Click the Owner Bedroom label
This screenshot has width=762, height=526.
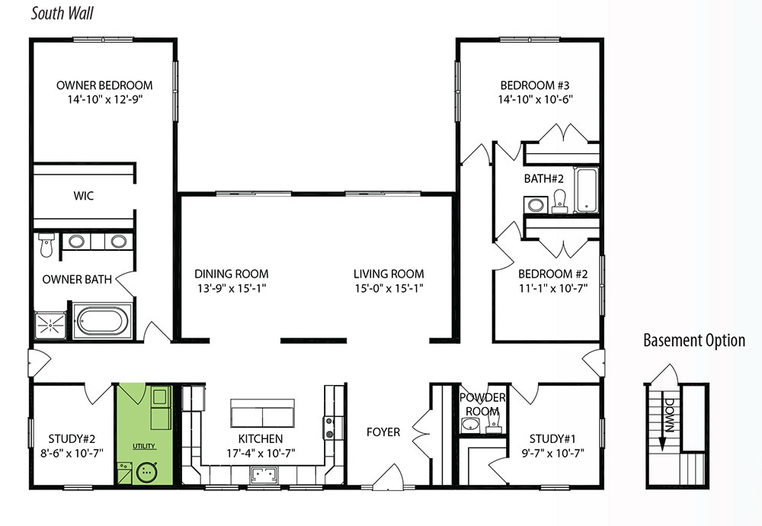pos(104,85)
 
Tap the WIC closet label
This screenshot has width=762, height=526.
pos(84,196)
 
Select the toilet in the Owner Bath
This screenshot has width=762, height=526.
pos(46,245)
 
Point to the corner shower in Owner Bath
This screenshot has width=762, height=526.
pos(50,325)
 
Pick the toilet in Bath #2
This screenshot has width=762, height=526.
pos(560,201)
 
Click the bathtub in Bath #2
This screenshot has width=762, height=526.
pos(586,191)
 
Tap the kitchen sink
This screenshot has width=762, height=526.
pos(264,475)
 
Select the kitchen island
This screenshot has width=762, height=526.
pos(262,412)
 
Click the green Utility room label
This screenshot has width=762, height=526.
pos(144,446)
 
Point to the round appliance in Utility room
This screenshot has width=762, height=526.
pos(148,472)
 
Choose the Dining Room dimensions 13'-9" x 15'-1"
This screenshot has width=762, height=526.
pos(232,288)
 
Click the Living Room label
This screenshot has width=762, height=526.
pos(389,274)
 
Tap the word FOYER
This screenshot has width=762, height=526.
pos(383,432)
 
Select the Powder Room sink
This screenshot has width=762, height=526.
pos(470,425)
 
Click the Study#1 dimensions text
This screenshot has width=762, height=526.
pos(553,454)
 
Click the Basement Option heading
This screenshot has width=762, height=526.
pos(694,340)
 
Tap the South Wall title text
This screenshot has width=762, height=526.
pos(62,13)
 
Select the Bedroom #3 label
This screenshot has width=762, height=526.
pos(535,85)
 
